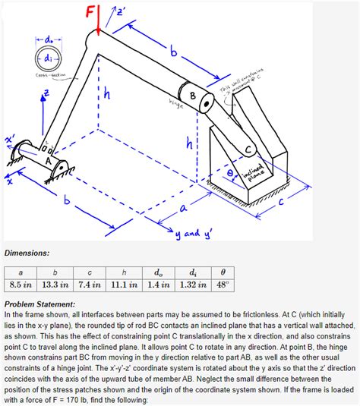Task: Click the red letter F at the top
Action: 90,13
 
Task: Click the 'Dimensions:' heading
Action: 27,251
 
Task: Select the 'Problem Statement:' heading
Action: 43,303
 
